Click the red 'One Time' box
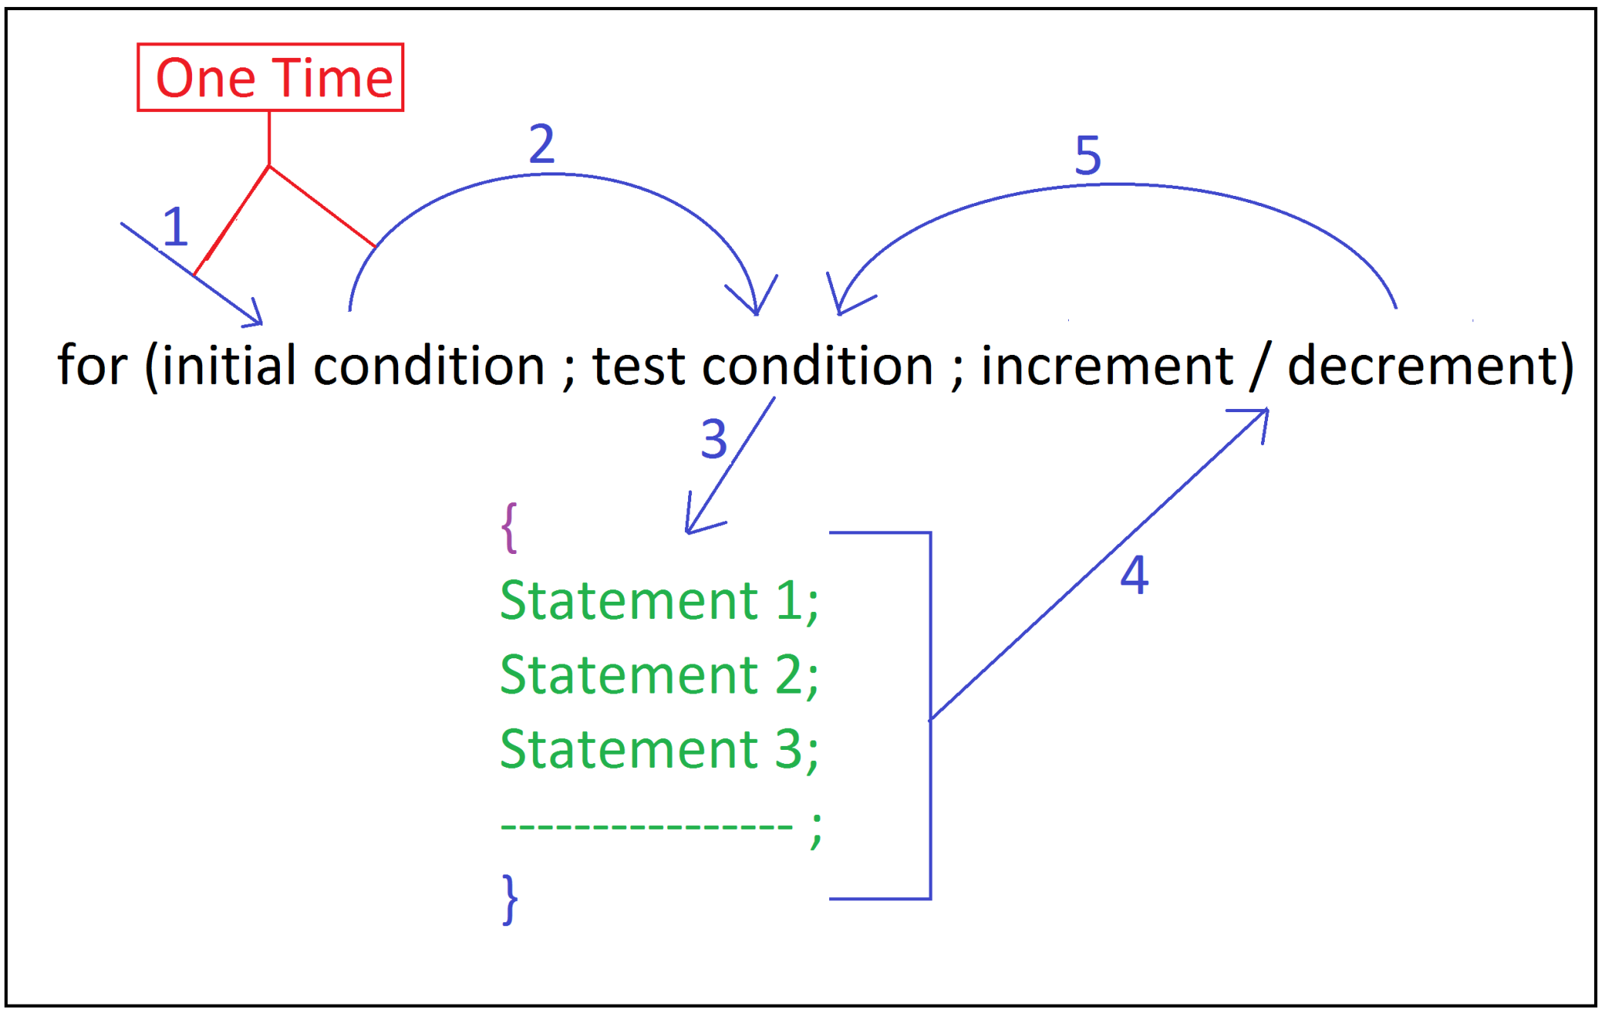(x=270, y=78)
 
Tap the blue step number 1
(x=176, y=227)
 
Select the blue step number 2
(x=542, y=144)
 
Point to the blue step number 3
(x=714, y=440)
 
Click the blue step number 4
(x=1134, y=574)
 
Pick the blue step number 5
(x=1088, y=155)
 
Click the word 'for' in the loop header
(x=92, y=365)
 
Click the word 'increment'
(x=1107, y=367)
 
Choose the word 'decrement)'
(x=1430, y=367)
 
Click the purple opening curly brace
(x=509, y=527)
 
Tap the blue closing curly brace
(x=510, y=900)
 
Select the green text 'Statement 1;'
(x=659, y=601)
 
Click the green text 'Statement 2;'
(x=659, y=675)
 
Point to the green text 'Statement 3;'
(x=659, y=750)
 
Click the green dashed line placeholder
(x=647, y=826)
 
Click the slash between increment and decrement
(x=1259, y=367)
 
